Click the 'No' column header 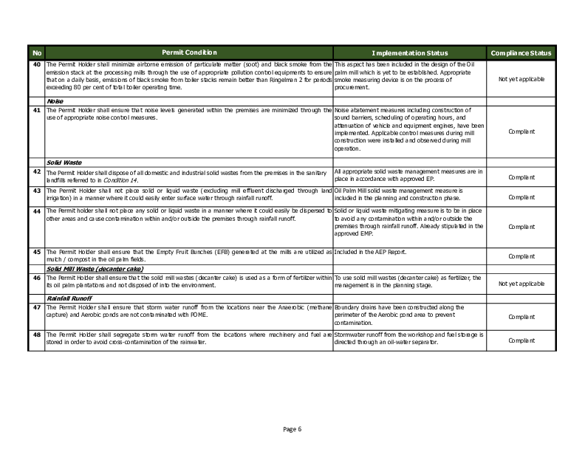pos(37,53)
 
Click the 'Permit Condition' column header pos(189,53)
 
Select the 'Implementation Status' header pos(409,53)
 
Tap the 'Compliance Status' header pos(521,53)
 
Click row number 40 pos(37,65)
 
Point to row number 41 pos(37,109)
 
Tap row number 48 pos(37,333)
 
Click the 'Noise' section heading pos(55,101)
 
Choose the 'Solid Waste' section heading pos(64,162)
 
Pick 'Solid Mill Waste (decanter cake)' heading pos(95,269)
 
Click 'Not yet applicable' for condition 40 pos(521,78)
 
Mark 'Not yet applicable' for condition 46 pos(521,284)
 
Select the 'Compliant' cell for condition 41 pos(521,131)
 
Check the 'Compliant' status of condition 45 pos(521,256)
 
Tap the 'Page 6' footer pos(292,429)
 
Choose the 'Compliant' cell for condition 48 pos(521,340)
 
